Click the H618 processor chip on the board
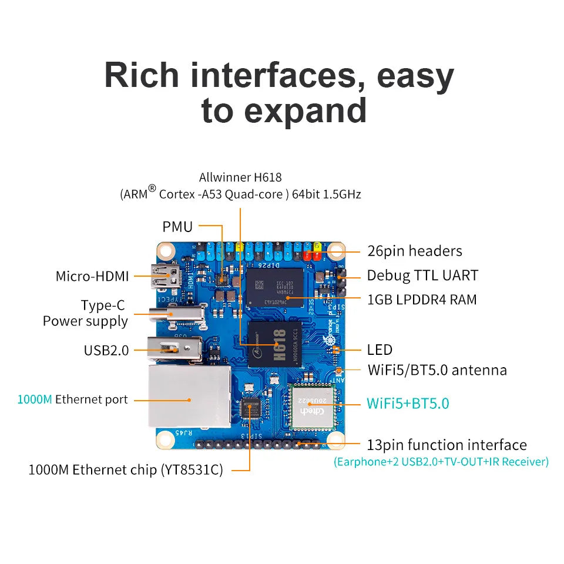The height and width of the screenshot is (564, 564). [x=276, y=344]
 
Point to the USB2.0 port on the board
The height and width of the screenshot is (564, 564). [x=174, y=350]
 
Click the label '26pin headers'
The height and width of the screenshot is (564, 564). [x=415, y=251]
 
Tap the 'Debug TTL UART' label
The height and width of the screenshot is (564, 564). [x=422, y=275]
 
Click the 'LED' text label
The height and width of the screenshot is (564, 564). [x=380, y=350]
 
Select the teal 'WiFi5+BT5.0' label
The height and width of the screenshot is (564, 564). [x=408, y=403]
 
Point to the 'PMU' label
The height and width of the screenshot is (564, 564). [x=177, y=226]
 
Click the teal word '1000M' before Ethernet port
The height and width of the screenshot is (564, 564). [x=35, y=399]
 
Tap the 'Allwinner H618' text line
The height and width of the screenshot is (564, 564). [x=240, y=177]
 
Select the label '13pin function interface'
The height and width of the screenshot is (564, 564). [x=446, y=445]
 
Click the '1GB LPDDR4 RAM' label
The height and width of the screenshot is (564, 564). [x=422, y=299]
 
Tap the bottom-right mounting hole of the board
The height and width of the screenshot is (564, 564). [x=336, y=439]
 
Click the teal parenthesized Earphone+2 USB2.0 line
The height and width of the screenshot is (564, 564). [x=441, y=462]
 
